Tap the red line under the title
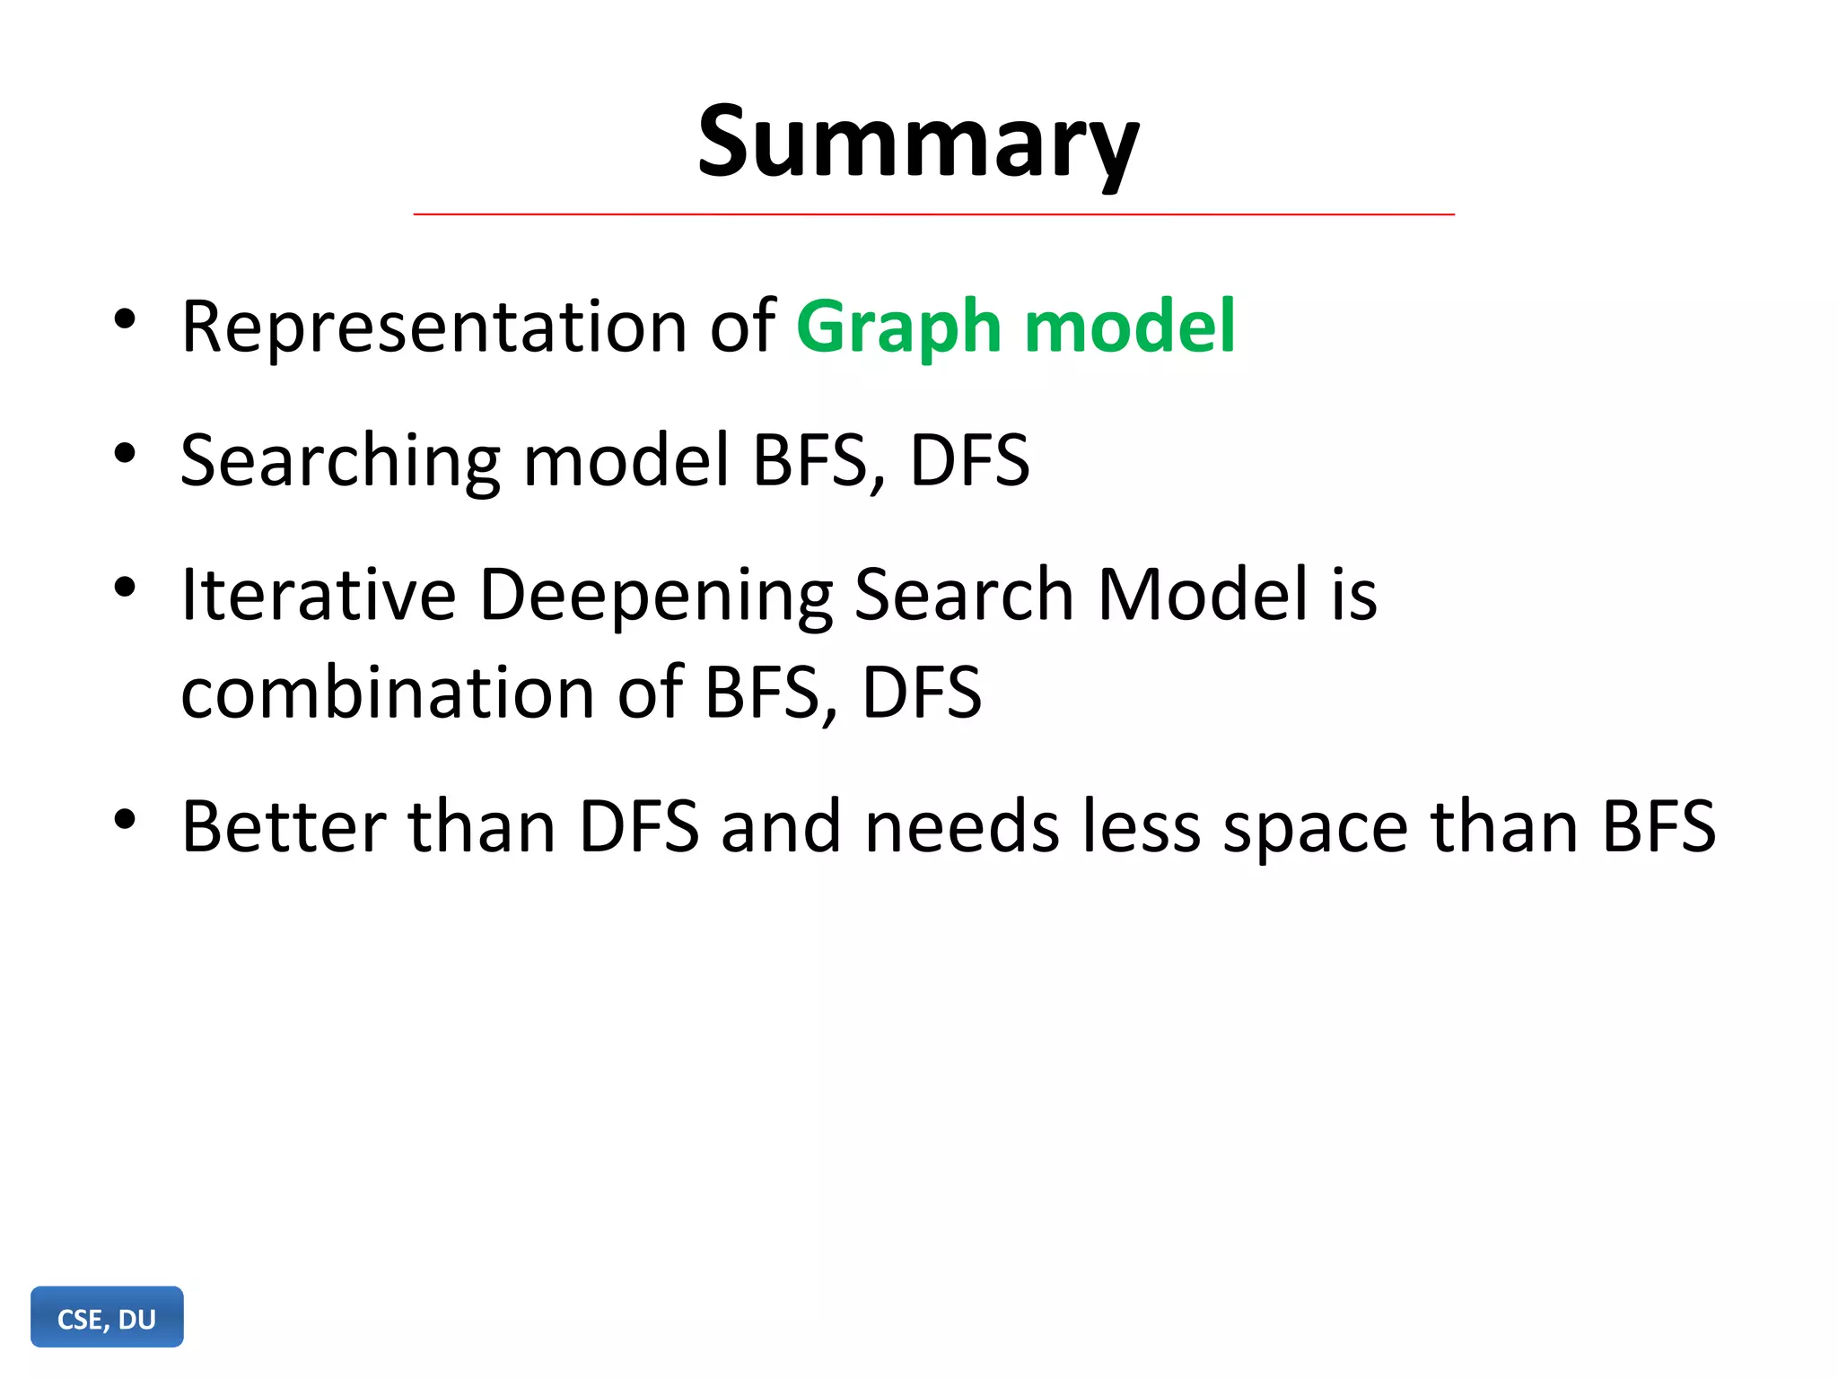click(x=933, y=215)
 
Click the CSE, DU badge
click(x=107, y=1318)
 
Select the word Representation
click(x=434, y=327)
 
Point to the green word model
click(x=1130, y=327)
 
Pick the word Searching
click(x=340, y=461)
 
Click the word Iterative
click(x=319, y=595)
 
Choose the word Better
click(x=284, y=826)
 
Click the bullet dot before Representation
click(x=125, y=319)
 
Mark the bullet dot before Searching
click(x=125, y=453)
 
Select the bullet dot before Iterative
click(x=125, y=588)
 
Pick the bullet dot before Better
click(x=125, y=819)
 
